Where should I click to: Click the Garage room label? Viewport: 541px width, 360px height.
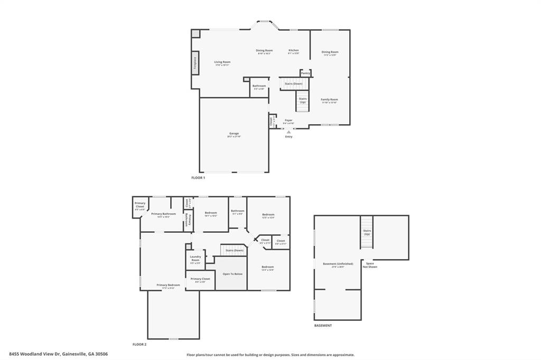[x=234, y=134]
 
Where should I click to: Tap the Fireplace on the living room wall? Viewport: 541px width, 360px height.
[x=195, y=63]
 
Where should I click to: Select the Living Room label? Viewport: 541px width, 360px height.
[x=222, y=62]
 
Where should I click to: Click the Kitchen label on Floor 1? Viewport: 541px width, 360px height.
[x=294, y=51]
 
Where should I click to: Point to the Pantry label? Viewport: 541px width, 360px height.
[x=305, y=73]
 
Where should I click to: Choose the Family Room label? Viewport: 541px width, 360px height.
[x=330, y=100]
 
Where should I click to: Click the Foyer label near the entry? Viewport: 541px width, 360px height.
[x=288, y=120]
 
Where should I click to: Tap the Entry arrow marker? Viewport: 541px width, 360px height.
[x=288, y=132]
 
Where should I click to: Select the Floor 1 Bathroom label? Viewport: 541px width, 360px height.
[x=259, y=86]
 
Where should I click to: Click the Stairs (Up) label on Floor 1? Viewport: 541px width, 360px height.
[x=303, y=100]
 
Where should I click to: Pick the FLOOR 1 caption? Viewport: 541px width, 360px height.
[x=198, y=178]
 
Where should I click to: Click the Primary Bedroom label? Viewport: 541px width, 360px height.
[x=169, y=285]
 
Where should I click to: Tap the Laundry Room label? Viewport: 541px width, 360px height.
[x=195, y=259]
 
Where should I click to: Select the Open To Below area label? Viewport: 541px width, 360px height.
[x=232, y=274]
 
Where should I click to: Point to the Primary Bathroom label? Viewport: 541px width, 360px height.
[x=163, y=214]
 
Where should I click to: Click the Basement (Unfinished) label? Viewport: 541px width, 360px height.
[x=338, y=264]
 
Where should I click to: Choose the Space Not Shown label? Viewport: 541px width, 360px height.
[x=370, y=265]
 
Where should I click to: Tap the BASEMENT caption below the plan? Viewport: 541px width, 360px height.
[x=323, y=326]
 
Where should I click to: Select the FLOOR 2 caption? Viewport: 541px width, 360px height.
[x=139, y=344]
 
